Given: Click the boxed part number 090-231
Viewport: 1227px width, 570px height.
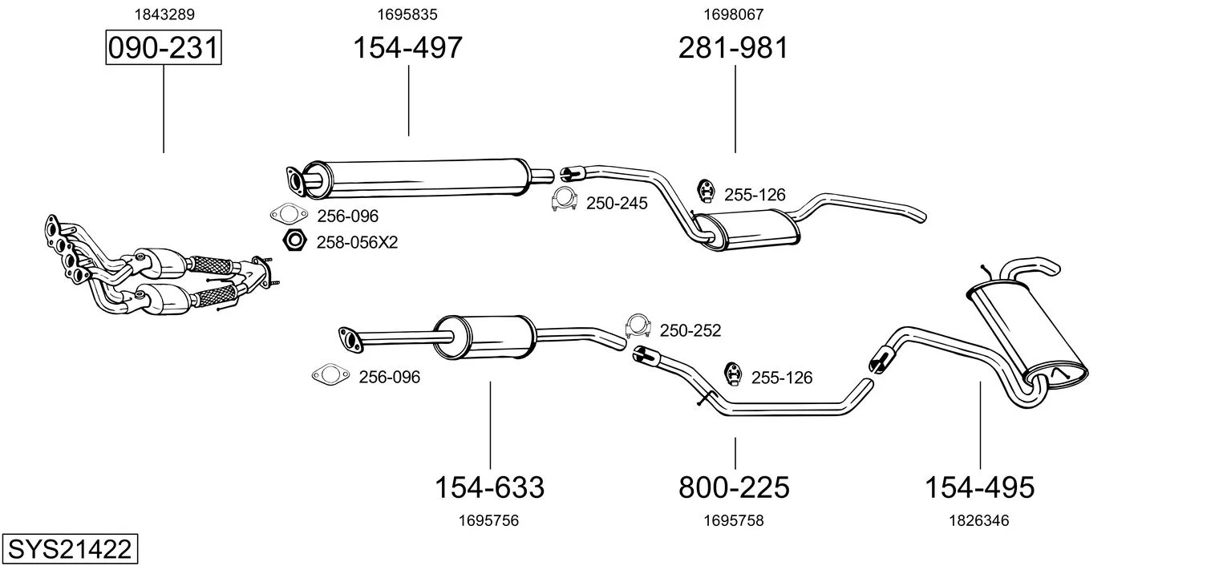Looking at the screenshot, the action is (164, 47).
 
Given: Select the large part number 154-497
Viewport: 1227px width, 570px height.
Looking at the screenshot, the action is (407, 47).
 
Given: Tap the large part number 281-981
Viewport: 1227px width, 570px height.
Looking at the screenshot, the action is (734, 47).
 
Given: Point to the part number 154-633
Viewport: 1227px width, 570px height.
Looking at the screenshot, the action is (490, 487).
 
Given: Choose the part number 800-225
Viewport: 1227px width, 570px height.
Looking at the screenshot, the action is (734, 487).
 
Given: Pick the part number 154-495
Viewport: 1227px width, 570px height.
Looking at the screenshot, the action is (979, 487).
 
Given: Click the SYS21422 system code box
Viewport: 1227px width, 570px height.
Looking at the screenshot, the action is (70, 548).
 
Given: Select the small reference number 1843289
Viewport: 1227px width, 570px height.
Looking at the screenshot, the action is (164, 14).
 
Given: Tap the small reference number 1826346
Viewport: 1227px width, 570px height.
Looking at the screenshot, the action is (979, 520).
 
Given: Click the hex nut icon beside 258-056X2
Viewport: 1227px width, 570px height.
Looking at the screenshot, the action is (294, 241).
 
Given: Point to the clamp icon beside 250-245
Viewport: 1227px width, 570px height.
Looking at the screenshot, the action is (565, 200).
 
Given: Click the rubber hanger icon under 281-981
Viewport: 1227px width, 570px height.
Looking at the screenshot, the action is (706, 191).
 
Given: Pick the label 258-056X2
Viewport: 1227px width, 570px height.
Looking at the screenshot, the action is (357, 242).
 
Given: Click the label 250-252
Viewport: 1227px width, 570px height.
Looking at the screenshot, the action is (690, 331).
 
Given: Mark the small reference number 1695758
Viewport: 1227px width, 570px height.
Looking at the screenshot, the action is (734, 520).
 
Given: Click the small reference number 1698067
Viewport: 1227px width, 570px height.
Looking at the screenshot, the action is (734, 14).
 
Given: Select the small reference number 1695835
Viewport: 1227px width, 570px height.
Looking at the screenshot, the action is (407, 14).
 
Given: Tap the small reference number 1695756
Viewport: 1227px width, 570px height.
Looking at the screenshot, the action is (488, 520).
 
